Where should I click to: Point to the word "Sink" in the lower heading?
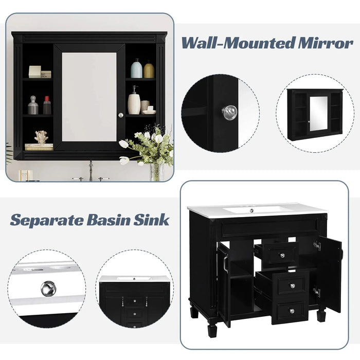tap(152, 220)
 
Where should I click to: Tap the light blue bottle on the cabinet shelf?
tap(136, 69)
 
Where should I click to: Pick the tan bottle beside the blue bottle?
tap(149, 70)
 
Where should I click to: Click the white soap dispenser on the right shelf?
tap(134, 101)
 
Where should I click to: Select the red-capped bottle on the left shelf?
tap(47, 105)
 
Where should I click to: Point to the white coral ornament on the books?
tap(41, 137)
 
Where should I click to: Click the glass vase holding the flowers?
tap(156, 172)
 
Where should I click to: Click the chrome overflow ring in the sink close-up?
tap(48, 289)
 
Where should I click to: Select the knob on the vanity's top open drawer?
tap(282, 255)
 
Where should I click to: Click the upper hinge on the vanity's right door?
tap(317, 246)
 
